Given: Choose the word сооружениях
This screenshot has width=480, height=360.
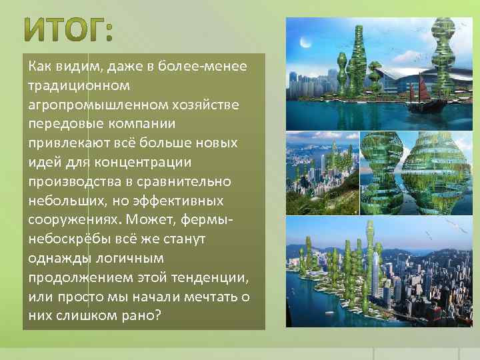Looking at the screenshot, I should coord(74,219).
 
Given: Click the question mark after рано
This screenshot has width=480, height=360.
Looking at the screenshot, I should coord(157,315).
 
